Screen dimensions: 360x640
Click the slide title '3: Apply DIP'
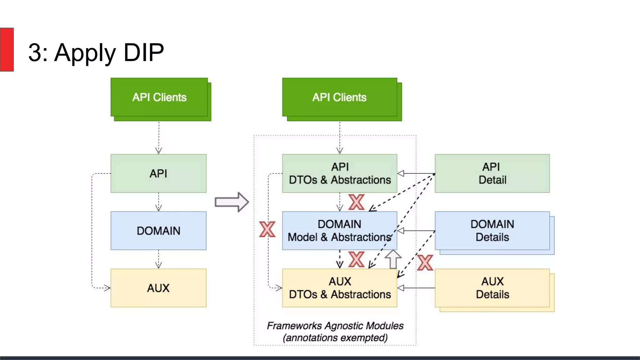(96, 52)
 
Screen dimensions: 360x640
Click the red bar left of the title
(7, 49)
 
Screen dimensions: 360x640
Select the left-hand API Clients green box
(159, 97)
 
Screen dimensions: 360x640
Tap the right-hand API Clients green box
(339, 97)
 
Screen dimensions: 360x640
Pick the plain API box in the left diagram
(158, 173)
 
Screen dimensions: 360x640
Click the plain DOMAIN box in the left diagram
(158, 231)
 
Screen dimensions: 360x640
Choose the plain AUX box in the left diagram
(158, 288)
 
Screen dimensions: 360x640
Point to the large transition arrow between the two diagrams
(232, 202)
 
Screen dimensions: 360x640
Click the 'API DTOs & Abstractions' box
(340, 173)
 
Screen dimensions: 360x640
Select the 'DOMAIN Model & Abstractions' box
(340, 231)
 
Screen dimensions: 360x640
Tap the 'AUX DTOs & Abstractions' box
(340, 288)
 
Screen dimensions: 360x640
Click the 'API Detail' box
(492, 173)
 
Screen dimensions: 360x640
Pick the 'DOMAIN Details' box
(492, 231)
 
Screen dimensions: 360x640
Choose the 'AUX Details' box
(492, 288)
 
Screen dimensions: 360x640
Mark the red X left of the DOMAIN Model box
(267, 229)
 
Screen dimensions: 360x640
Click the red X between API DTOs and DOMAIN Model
(356, 202)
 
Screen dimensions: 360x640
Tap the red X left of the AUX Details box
(425, 262)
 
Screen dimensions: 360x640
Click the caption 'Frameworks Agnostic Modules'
(335, 326)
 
